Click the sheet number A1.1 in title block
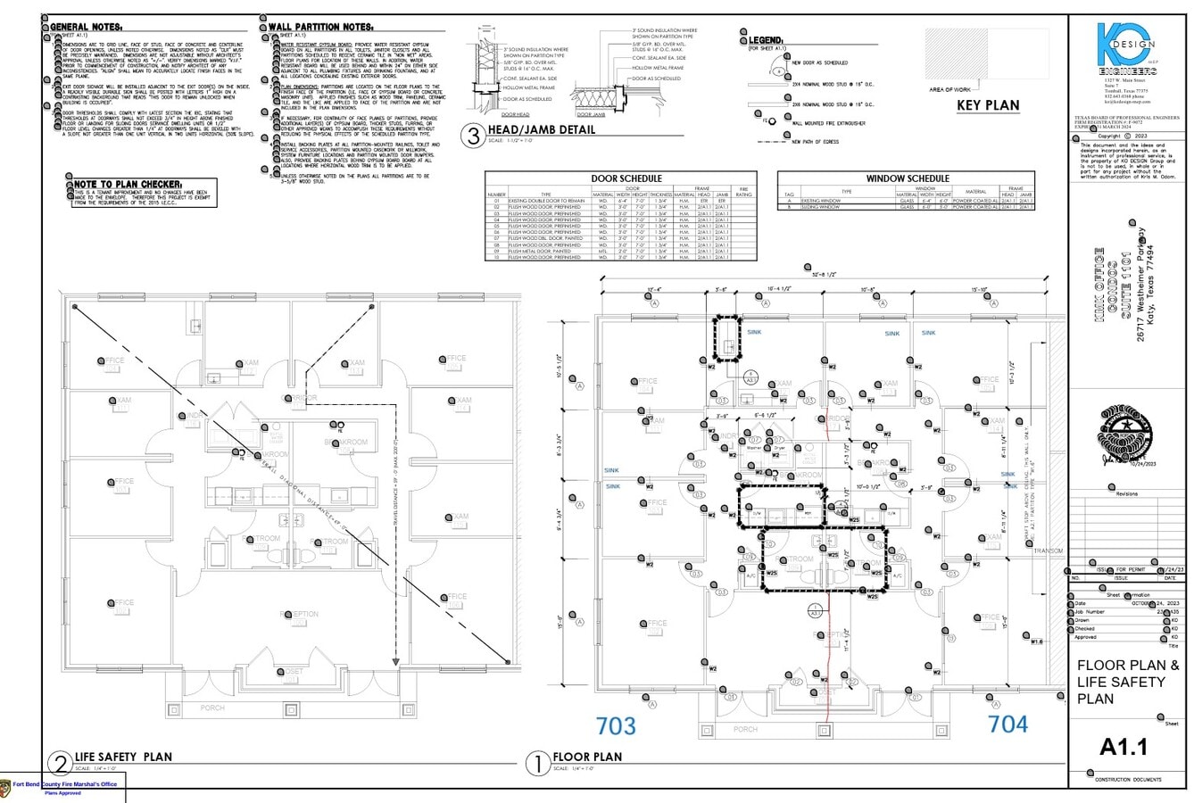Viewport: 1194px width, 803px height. [1124, 746]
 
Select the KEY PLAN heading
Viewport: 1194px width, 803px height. [988, 105]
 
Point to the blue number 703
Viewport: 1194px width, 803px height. [616, 725]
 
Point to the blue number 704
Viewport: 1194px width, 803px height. [1008, 724]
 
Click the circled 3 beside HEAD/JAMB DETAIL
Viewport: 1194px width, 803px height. [472, 136]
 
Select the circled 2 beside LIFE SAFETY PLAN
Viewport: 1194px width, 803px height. [60, 763]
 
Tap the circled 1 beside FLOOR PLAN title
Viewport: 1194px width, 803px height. [537, 763]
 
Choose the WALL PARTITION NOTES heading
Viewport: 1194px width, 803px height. [319, 28]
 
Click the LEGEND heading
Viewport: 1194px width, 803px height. [765, 41]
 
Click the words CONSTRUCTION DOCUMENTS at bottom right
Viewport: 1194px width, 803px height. [1128, 780]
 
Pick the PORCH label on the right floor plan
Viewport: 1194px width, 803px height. [744, 729]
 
